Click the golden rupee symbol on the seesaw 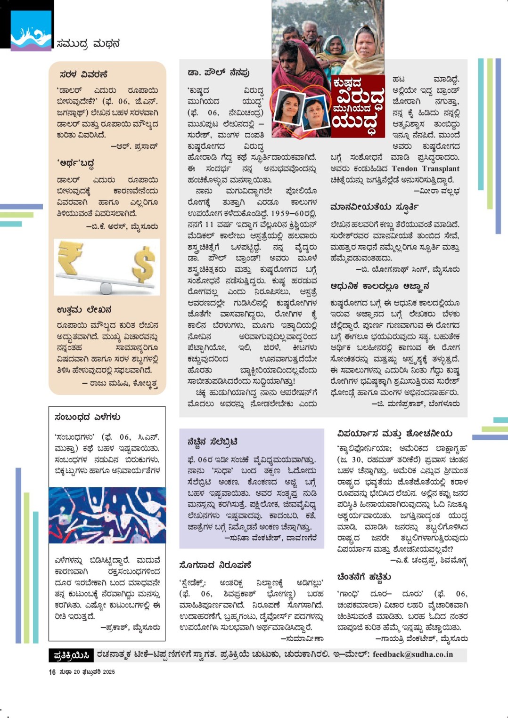coord(70,258)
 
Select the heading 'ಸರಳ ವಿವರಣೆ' coord(83,74)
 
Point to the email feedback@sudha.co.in coord(412,654)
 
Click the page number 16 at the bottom coord(52,672)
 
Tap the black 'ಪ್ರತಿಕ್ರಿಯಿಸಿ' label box coord(71,655)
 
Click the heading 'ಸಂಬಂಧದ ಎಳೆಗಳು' coord(88,417)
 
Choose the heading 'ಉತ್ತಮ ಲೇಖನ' coord(84,310)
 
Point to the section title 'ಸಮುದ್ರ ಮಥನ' coord(88,44)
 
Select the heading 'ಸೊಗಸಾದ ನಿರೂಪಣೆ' coord(215,565)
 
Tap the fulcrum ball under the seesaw coord(107,287)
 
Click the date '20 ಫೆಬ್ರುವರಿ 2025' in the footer coord(94,672)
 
